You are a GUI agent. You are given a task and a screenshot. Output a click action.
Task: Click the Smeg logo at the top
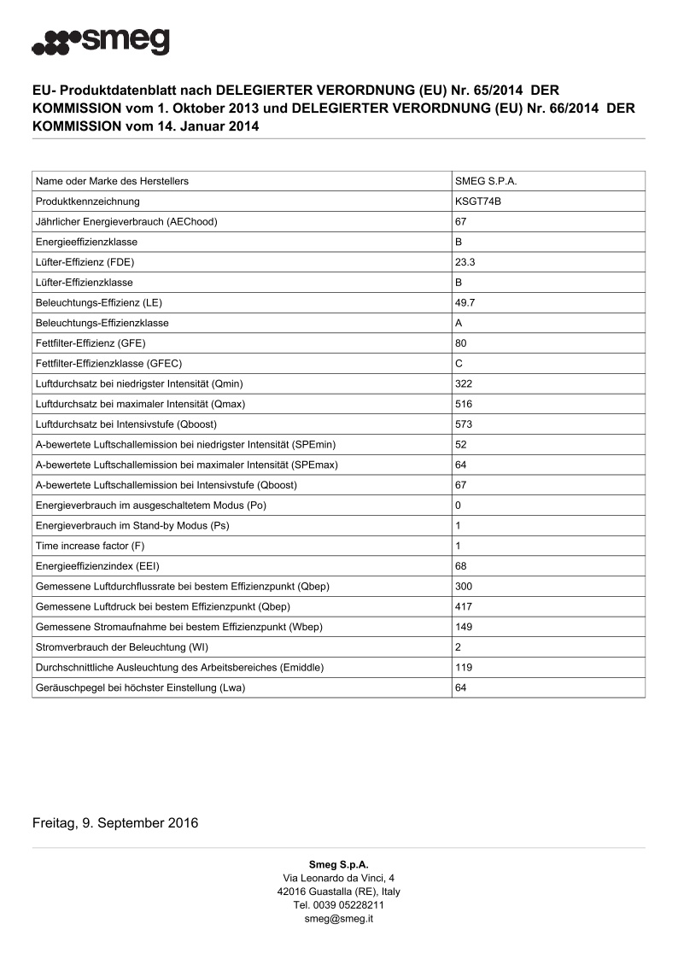coord(101,40)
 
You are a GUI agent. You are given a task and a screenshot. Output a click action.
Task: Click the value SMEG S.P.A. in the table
coord(487,181)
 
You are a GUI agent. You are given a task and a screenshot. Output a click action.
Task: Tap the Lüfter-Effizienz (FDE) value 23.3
coord(465,262)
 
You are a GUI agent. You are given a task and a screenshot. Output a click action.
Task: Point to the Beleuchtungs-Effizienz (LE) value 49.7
coord(465,303)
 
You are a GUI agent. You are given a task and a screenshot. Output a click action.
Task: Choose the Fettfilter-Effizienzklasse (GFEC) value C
coord(459,364)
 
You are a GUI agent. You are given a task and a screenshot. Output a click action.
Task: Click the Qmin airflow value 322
coord(464,384)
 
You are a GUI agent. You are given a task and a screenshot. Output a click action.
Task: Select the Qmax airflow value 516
coord(464,404)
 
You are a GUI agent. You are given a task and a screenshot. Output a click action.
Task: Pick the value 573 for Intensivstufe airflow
coord(464,424)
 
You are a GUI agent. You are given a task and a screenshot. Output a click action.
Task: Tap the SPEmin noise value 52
coord(461,445)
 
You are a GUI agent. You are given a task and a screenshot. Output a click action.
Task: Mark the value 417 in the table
coord(464,607)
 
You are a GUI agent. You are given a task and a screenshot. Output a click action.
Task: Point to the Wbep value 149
coord(464,627)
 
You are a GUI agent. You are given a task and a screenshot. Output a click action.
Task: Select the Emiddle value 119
coord(464,668)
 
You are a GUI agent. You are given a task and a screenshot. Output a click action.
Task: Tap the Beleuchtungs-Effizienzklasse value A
coord(459,323)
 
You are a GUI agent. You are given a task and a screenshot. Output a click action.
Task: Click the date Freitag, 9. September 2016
coord(115,823)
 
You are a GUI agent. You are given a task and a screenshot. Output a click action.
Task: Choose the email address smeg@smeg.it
coord(338,919)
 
